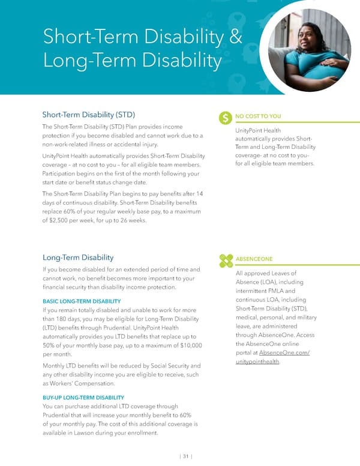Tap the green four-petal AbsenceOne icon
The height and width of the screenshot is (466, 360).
tap(226, 259)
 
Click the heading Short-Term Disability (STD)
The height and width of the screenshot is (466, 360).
tap(88, 114)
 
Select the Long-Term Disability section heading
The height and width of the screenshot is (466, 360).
tap(77, 258)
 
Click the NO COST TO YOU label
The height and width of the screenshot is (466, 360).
tap(259, 116)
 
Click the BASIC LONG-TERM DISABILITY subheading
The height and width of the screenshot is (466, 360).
tap(81, 301)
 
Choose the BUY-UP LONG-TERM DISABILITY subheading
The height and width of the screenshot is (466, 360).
tap(83, 398)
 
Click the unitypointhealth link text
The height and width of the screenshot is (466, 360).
tap(258, 361)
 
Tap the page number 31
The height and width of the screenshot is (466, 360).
tap(186, 455)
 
